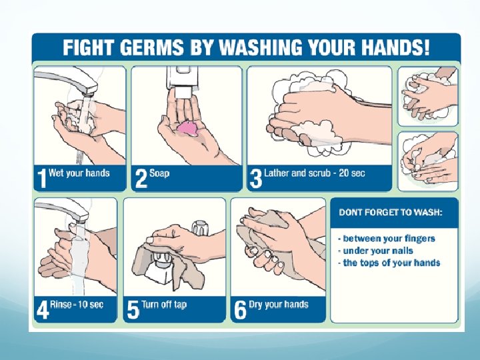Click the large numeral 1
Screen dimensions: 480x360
click(x=41, y=179)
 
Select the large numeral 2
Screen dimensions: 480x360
click(x=141, y=179)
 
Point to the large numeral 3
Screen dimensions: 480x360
click(x=256, y=179)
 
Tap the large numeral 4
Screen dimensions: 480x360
click(x=43, y=310)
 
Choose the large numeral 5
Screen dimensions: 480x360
click(x=133, y=310)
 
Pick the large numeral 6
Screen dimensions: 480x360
click(x=240, y=310)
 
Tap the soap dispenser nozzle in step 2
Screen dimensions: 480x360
click(x=183, y=93)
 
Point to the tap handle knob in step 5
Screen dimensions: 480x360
click(x=201, y=227)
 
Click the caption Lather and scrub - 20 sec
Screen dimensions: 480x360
click(x=315, y=173)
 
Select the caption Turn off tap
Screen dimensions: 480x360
click(x=164, y=305)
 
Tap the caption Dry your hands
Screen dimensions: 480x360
click(x=279, y=305)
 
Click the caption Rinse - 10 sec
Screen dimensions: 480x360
click(x=77, y=305)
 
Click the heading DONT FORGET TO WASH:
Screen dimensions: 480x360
click(x=391, y=213)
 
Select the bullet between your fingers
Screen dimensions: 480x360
click(x=387, y=239)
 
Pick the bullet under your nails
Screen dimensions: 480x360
click(x=375, y=251)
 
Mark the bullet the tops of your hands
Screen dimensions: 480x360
click(x=389, y=263)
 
